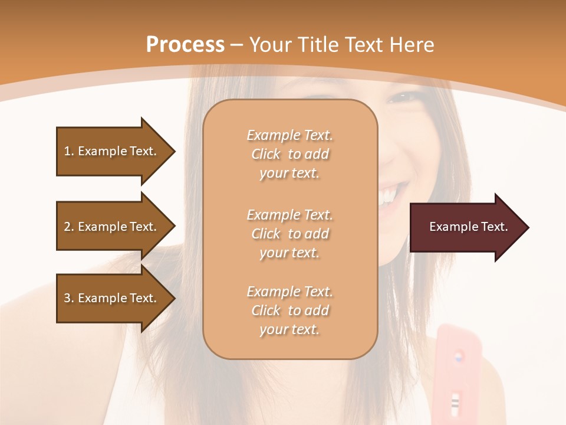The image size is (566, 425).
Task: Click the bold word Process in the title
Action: (185, 45)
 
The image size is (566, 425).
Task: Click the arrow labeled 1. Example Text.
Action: (112, 151)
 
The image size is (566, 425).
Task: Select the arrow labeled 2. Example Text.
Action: (112, 227)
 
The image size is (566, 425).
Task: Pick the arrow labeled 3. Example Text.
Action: (112, 298)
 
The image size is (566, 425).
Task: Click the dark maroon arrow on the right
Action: (466, 227)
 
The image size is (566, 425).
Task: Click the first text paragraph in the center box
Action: (289, 154)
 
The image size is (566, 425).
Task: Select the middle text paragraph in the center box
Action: (289, 234)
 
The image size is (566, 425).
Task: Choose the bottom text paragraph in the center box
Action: (289, 310)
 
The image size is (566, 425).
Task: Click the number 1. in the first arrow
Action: (69, 151)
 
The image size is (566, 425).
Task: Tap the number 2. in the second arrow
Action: (69, 227)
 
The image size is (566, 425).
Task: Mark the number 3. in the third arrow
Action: (69, 298)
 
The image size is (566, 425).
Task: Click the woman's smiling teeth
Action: (389, 195)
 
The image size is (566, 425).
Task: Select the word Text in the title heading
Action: (363, 45)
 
